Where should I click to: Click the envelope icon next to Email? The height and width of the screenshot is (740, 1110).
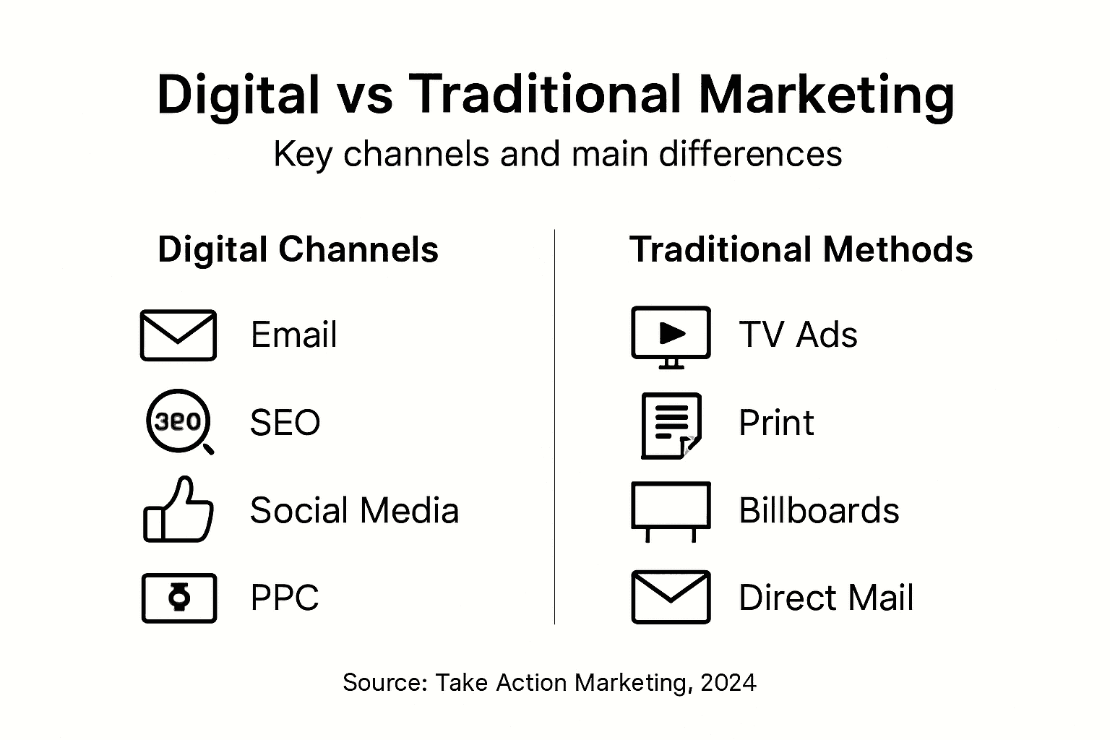178,335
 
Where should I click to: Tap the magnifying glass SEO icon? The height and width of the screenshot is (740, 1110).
178,421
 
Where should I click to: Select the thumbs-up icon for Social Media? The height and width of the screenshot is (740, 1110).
178,510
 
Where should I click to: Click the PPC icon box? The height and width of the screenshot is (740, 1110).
179,598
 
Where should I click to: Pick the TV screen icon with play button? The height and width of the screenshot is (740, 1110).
671,335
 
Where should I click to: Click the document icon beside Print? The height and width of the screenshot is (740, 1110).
671,425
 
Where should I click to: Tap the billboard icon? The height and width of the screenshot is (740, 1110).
671,510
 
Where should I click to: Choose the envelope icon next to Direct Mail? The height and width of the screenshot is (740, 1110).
671,597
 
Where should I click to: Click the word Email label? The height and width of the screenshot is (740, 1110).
293,335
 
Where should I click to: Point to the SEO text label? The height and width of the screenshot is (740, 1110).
285,423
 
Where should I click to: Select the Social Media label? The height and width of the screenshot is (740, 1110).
354,511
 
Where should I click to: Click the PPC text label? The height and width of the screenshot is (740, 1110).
285,598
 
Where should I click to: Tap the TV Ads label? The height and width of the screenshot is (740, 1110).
798,335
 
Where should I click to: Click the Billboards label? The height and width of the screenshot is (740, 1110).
819,511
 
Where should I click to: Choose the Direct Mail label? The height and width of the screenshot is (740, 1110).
826,598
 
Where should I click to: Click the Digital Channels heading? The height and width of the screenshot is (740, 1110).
298,250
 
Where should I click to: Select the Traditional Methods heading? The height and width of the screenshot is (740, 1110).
801,250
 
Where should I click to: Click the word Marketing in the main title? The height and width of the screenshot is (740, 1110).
827,95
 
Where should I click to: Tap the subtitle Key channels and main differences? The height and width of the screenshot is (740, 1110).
557,154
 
